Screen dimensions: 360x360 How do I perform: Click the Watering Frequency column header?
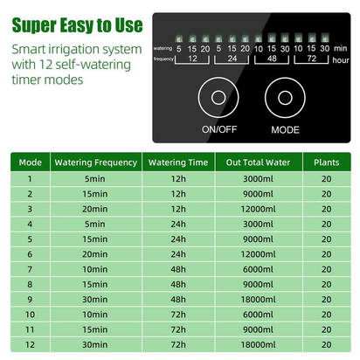point(94,162)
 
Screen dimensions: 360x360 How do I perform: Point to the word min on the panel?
point(340,49)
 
